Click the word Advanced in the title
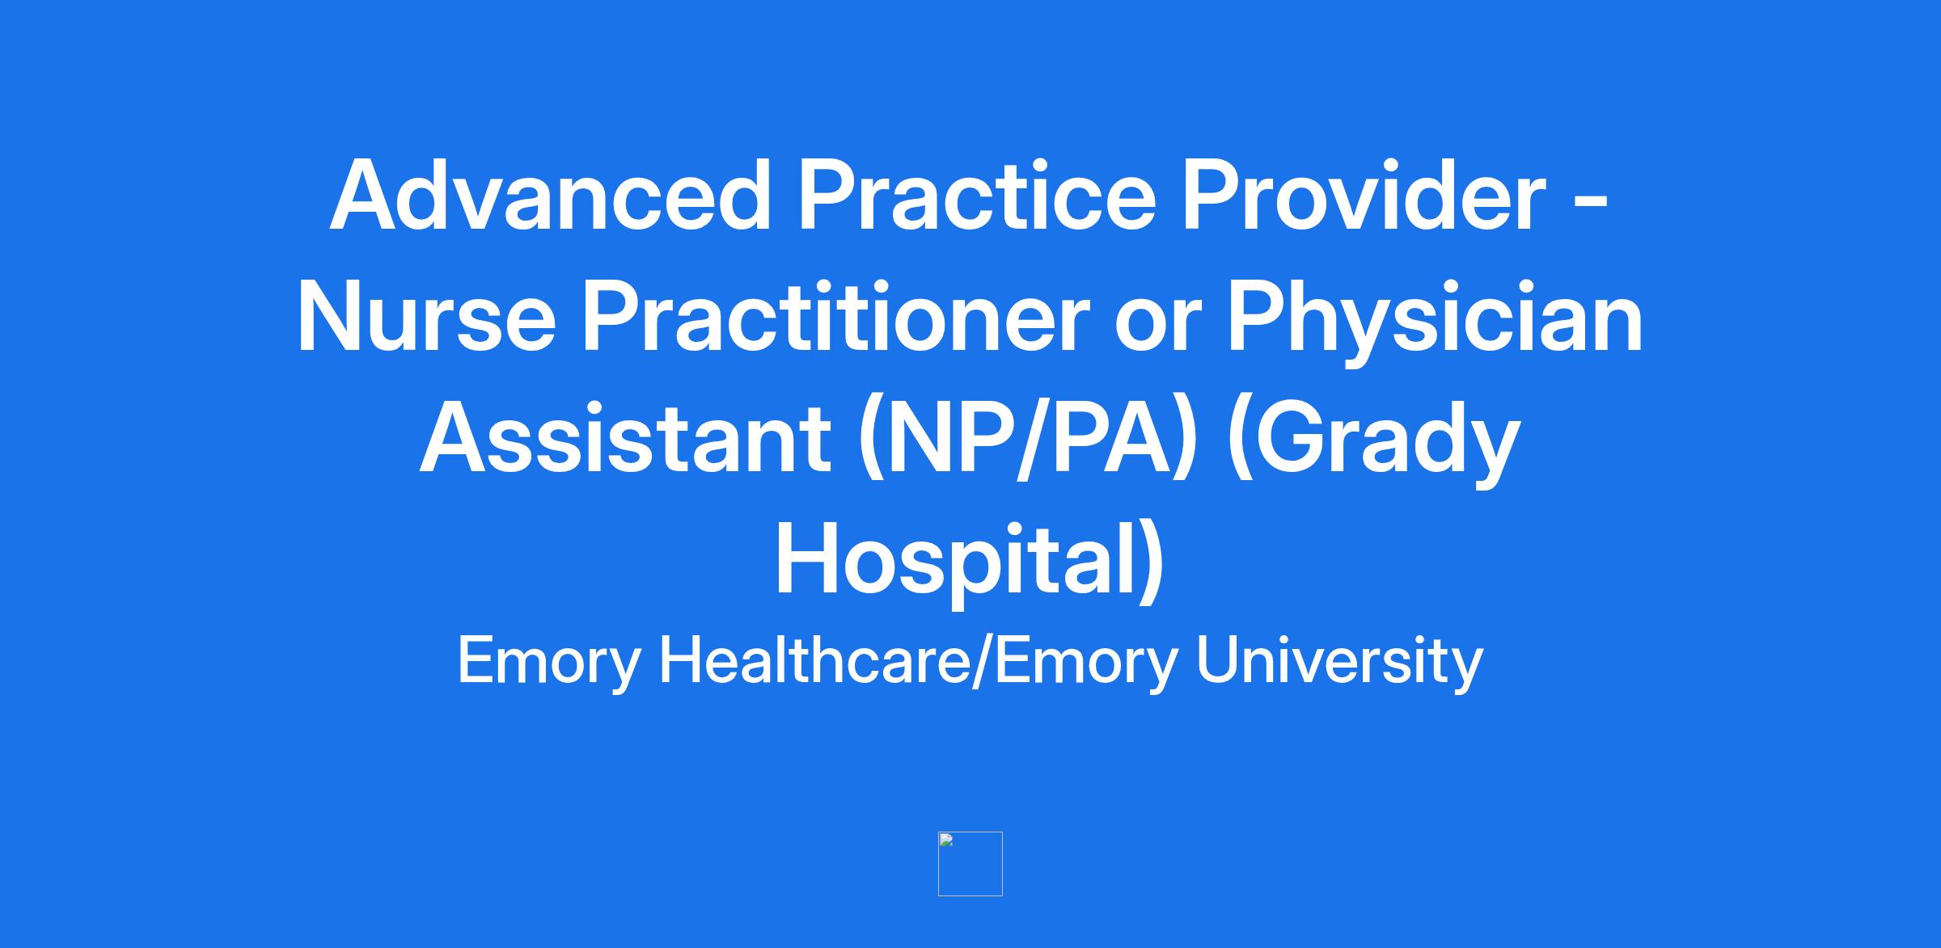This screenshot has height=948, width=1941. (551, 195)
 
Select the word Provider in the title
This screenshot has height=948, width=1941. (1364, 195)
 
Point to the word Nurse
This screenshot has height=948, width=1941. (427, 316)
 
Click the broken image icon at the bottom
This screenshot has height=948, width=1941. (970, 864)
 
